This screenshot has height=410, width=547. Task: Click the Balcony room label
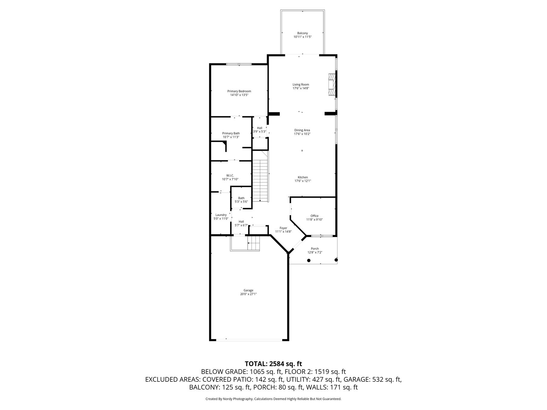tap(302, 33)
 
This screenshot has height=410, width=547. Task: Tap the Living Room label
tap(301, 85)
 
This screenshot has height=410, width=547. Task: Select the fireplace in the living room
tap(332, 85)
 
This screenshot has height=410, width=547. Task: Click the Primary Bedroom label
tap(239, 91)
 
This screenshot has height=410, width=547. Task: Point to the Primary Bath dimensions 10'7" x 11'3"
tap(231, 137)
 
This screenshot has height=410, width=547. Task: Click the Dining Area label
tap(302, 130)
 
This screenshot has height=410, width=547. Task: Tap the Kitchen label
tap(303, 178)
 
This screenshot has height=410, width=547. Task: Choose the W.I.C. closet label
tap(230, 176)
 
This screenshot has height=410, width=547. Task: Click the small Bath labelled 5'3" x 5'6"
tap(241, 200)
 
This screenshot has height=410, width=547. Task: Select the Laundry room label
tap(221, 215)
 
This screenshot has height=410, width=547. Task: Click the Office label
tap(314, 216)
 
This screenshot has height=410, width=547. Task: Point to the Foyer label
tap(283, 228)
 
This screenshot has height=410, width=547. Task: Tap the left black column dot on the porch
tap(309, 260)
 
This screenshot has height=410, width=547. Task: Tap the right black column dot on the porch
tap(336, 260)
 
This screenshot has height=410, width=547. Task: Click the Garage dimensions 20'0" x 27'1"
tap(248, 294)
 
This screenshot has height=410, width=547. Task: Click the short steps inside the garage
tap(253, 243)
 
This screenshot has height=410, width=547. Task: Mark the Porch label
tap(315, 249)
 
